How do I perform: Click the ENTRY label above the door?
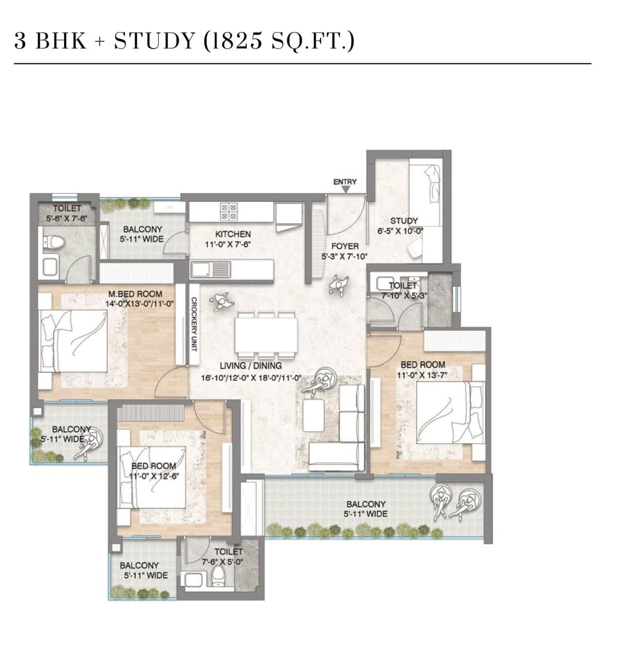345,182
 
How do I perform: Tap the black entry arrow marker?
345,190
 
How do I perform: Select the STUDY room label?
403,221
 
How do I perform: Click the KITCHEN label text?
233,234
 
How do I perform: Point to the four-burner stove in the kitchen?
229,211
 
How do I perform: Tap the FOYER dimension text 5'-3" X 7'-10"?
345,257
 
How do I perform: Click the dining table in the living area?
266,335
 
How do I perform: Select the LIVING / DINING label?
250,366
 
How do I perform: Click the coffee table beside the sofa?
313,415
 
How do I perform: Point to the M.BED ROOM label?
135,294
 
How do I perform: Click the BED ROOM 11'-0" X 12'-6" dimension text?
154,476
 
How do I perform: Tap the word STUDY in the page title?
155,41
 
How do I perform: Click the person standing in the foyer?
339,285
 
